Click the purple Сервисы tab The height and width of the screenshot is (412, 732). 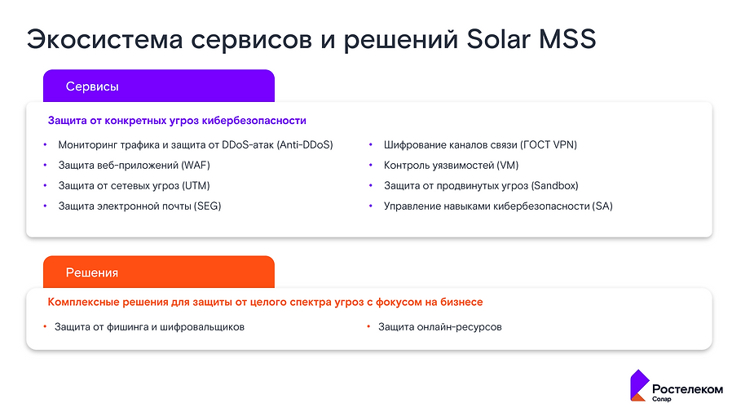[158, 86]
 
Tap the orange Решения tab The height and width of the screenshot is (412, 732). [158, 272]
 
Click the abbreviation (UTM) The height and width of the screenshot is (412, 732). [196, 186]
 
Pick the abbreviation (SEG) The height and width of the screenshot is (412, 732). [207, 206]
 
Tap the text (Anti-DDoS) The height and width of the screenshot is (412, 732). [305, 145]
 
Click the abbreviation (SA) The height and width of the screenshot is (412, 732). [602, 206]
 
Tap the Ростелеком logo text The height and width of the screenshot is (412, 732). [687, 389]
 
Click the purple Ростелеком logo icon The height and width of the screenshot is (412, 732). [638, 386]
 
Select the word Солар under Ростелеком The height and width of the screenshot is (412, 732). [662, 399]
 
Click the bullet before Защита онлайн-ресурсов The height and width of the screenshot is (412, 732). [369, 327]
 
